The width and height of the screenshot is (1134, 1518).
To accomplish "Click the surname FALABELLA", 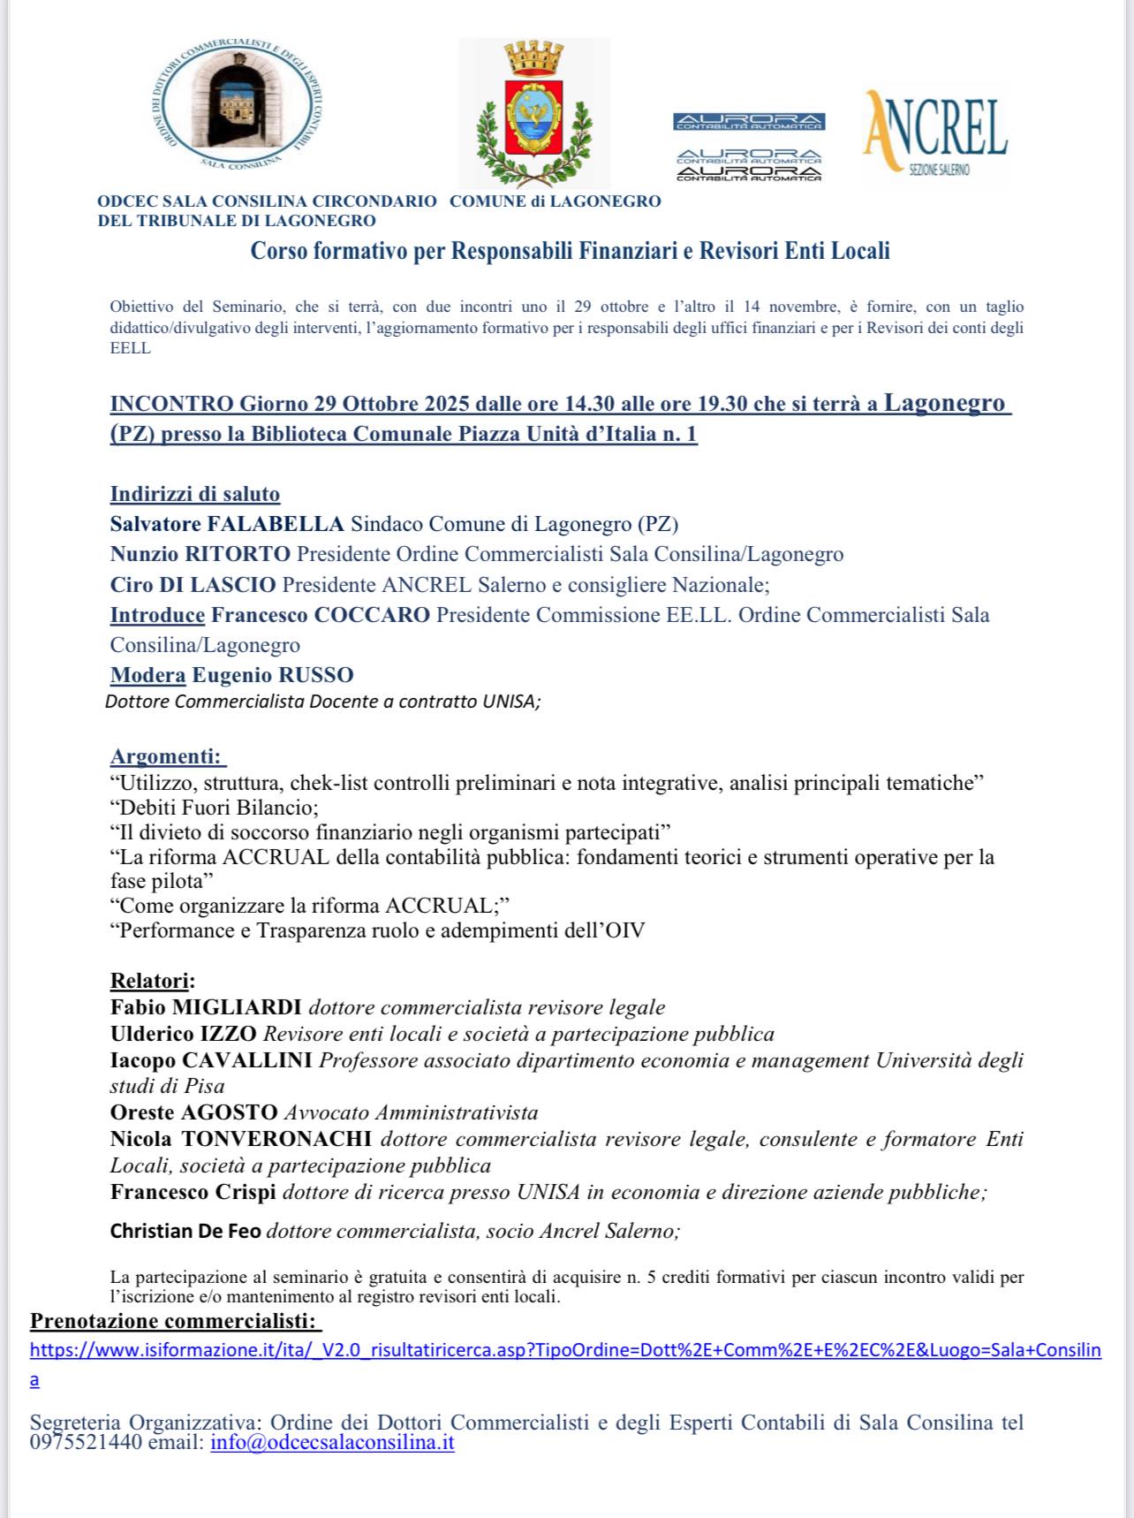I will click(275, 524).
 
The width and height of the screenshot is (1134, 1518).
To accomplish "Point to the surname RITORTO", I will click(237, 554).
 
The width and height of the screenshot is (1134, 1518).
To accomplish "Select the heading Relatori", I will click(152, 981).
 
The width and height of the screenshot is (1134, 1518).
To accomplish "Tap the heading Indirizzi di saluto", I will click(194, 494).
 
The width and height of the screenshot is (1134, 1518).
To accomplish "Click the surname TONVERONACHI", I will click(276, 1139).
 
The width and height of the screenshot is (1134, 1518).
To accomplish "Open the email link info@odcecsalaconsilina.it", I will click(332, 1443).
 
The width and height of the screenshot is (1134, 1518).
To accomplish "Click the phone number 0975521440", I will click(85, 1443).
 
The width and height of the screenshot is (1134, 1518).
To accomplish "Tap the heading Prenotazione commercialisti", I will click(175, 1322).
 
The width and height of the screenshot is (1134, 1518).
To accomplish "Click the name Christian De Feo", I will click(185, 1231).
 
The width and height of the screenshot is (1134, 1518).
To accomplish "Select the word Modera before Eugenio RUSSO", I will click(147, 675).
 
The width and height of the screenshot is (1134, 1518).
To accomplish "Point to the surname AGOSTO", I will click(230, 1112).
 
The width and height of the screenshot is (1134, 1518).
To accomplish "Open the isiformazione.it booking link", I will click(565, 1350).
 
